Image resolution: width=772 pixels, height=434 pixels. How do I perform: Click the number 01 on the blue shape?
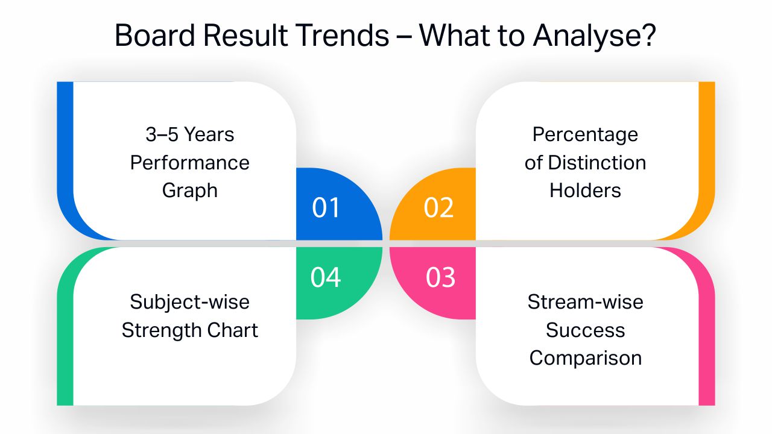326,208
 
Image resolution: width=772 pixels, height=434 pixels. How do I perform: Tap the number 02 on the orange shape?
438,208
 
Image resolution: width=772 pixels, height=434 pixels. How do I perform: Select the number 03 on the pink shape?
440,277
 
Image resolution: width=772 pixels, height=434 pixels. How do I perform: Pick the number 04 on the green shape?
326,277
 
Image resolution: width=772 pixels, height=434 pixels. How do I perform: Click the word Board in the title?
155,35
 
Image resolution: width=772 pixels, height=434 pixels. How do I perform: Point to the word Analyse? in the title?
595,36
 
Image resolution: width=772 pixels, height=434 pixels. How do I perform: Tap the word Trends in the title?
343,35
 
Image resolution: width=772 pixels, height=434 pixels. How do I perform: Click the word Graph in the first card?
190,191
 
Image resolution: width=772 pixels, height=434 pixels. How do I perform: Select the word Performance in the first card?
190,163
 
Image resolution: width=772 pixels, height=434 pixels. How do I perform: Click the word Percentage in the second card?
585,135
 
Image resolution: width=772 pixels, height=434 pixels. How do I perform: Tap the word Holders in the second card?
585,190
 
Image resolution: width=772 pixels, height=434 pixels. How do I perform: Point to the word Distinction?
597,163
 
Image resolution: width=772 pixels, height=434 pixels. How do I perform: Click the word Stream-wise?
585,302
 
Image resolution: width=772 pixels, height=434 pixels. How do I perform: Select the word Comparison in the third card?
586,359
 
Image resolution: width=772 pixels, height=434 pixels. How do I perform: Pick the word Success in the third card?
585,330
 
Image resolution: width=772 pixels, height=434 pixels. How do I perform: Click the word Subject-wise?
190,303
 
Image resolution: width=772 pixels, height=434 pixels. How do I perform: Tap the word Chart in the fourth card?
228,330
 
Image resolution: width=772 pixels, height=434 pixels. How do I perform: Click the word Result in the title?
245,35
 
